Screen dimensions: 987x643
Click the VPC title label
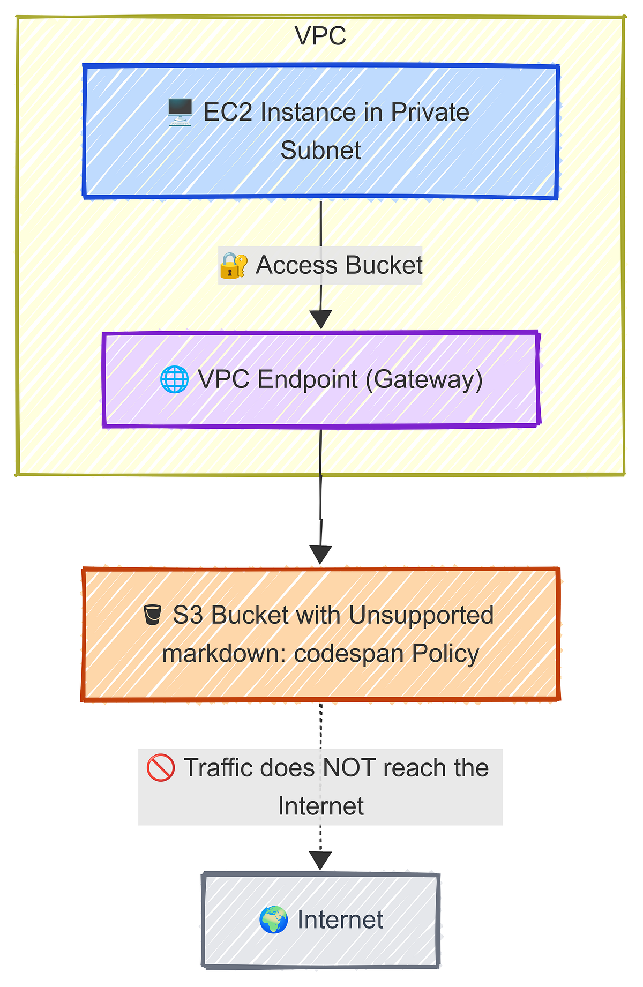320,36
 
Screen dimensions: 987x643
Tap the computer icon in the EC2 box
180,113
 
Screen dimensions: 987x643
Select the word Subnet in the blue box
320,151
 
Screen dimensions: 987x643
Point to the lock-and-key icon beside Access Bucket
233,266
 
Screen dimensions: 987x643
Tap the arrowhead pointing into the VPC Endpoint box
320,319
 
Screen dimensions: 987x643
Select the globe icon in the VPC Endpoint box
174,379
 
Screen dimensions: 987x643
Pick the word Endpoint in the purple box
308,379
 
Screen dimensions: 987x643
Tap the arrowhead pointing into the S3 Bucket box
320,555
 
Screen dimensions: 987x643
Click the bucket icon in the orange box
152,615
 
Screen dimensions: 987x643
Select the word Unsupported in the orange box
421,615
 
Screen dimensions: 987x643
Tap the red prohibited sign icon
160,768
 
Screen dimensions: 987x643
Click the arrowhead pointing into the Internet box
320,861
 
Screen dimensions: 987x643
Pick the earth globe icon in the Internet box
273,920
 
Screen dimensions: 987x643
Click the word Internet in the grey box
340,920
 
